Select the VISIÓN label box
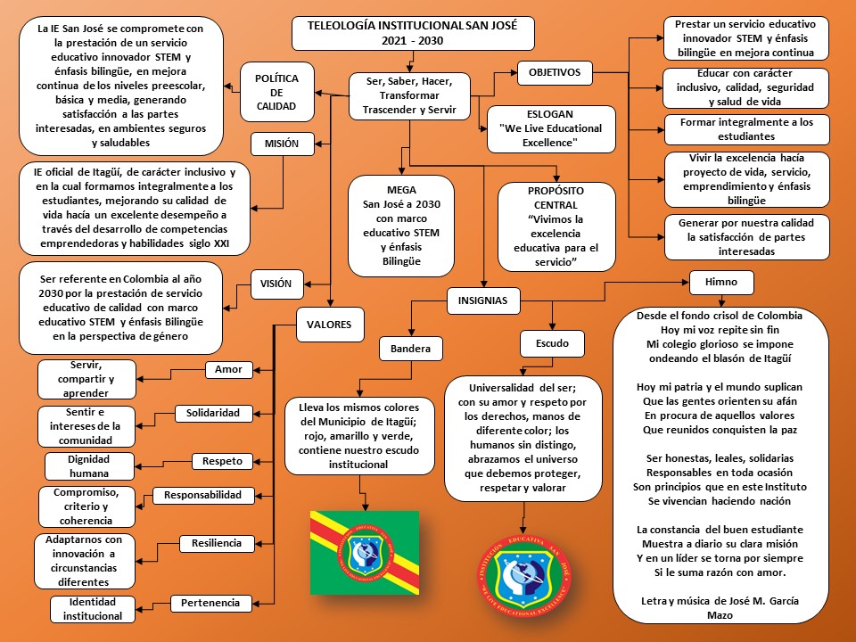coord(276,284)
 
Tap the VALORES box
coord(330,325)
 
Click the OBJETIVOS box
coord(555,71)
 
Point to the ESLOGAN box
coord(550,128)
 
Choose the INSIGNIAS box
coord(482,300)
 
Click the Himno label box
coord(721,282)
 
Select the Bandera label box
coord(411,348)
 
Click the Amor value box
coord(229,369)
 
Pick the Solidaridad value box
coord(213,414)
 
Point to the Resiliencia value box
coord(217,543)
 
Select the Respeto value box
coord(222,461)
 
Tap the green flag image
coord(364,553)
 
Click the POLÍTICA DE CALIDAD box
coord(276,93)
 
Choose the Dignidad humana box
coord(89,466)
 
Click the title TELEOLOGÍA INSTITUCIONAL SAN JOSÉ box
coord(413,34)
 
